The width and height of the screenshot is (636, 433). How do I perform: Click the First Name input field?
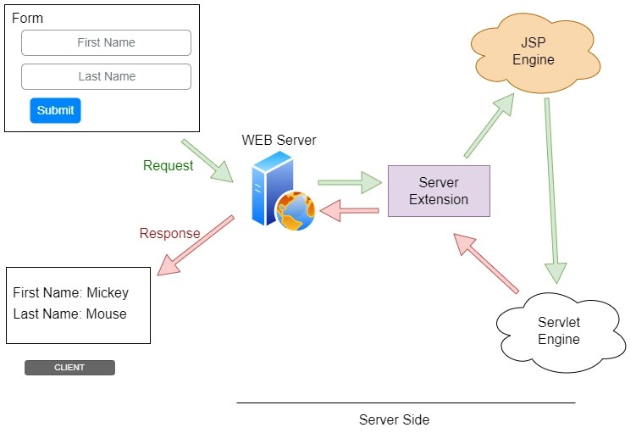106,42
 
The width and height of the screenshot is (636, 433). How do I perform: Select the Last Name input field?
106,76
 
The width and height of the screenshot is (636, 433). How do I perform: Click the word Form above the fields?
27,18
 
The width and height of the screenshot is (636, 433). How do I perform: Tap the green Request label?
168,166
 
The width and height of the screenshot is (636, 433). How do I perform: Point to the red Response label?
169,233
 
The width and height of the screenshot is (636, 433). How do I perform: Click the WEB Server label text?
279,140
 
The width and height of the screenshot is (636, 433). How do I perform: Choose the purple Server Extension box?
438,191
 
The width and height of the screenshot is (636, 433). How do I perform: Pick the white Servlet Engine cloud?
558,330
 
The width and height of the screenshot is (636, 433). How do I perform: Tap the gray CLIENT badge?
69,368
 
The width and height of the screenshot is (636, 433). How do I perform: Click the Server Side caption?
394,419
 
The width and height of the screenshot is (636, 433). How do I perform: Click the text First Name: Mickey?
71,293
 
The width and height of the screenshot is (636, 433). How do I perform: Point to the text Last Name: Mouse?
69,314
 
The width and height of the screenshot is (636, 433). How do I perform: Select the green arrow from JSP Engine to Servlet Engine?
552,191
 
